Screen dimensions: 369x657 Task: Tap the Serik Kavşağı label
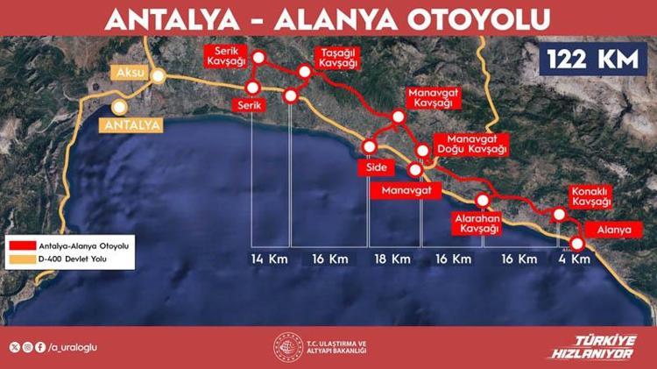pos(226,57)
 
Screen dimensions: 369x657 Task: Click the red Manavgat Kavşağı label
pos(432,98)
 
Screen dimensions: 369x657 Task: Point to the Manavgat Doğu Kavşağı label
pos(477,145)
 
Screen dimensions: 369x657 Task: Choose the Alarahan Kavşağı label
pos(477,223)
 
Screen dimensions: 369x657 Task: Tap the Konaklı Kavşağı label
pos(590,196)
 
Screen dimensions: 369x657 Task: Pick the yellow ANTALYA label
pos(132,125)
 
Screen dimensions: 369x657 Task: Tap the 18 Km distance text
pos(392,259)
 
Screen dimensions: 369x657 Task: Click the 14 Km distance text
pos(269,259)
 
